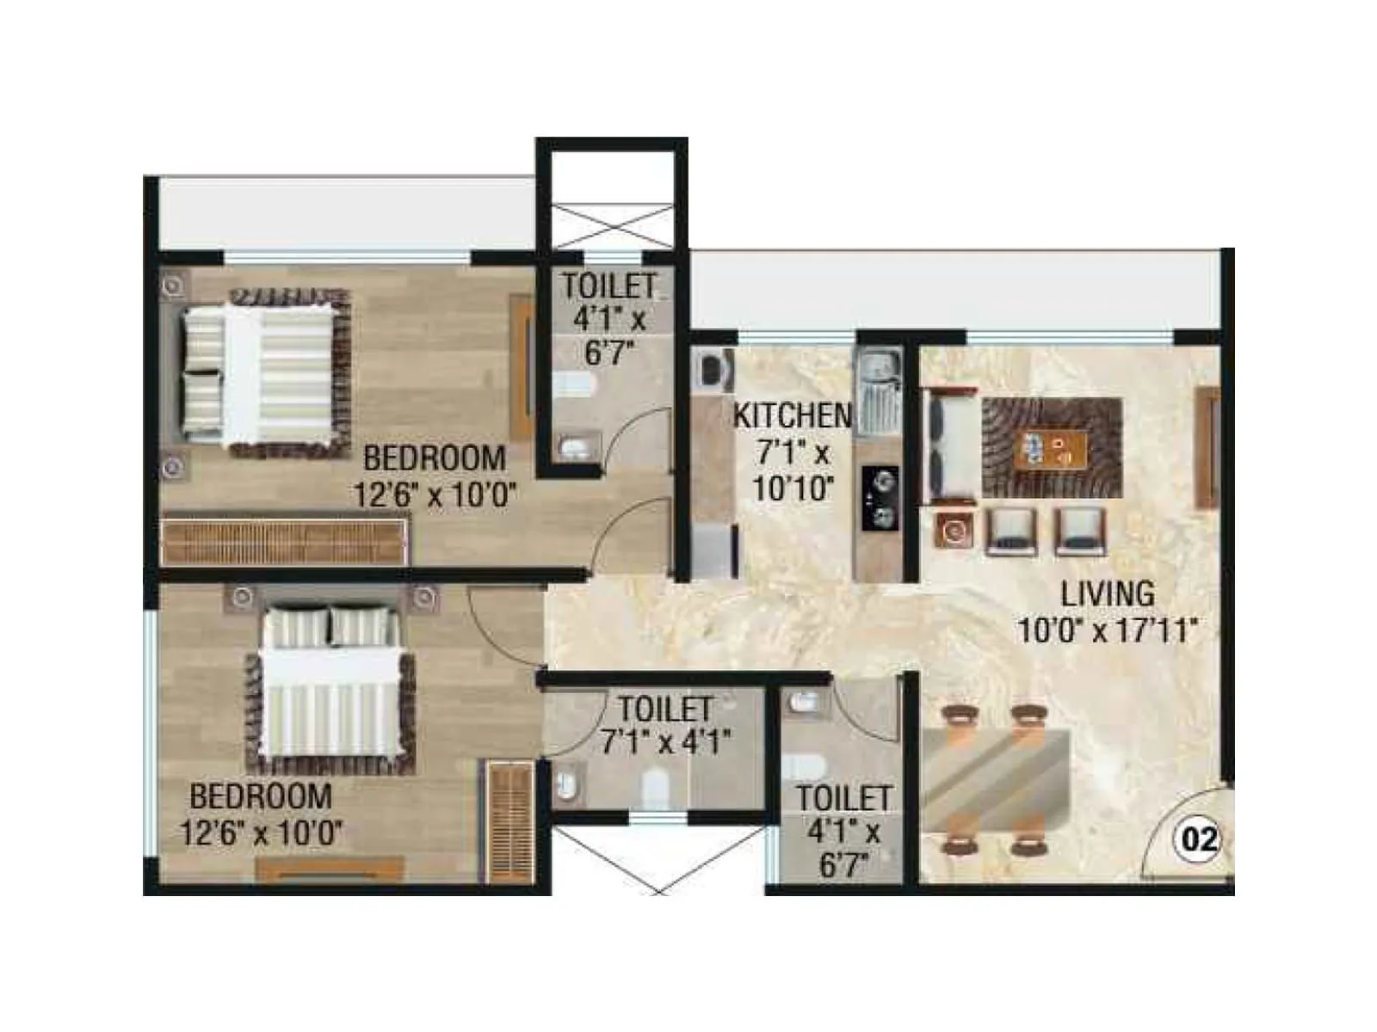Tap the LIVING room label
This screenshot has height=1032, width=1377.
pos(1107,593)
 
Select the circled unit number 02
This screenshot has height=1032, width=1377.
pos(1200,838)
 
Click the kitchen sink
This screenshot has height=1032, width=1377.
pos(877,387)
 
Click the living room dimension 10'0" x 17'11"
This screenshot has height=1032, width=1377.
pos(1107,630)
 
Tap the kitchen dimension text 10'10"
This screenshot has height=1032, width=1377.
pos(793,488)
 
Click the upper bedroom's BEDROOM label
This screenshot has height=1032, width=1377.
pos(434,458)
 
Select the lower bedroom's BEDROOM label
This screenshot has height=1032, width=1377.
pos(260,795)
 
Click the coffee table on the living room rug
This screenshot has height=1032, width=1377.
pos(1052,448)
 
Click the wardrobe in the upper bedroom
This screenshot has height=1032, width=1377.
pos(284,540)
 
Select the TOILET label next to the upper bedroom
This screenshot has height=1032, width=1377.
pos(609,286)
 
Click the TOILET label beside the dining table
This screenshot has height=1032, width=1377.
pos(843,797)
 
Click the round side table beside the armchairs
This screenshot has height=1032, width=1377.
pos(954,531)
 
